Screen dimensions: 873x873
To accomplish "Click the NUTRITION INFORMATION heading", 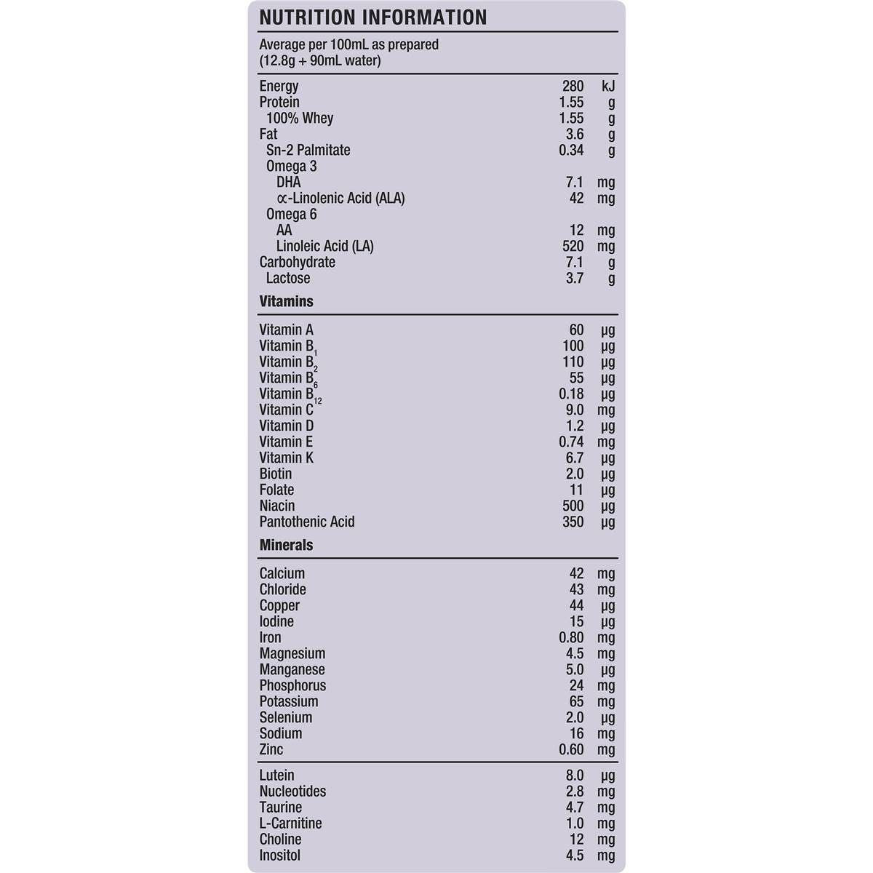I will point(372,17).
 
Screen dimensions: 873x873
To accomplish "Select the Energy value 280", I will point(573,87).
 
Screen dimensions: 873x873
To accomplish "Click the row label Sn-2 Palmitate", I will point(308,151).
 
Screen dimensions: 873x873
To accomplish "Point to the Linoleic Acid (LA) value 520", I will point(573,247).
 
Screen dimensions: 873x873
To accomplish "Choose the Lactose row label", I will point(288,279).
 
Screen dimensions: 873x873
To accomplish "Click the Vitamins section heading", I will point(286,301).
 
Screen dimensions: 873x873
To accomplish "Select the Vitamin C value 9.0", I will point(574,410).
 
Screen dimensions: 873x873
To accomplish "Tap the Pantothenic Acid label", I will point(307,522).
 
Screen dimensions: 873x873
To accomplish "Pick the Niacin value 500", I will point(573,506).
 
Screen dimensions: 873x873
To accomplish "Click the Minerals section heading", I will point(286,545).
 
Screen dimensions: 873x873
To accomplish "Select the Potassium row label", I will point(289,702).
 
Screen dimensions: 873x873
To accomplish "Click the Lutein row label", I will point(276,776).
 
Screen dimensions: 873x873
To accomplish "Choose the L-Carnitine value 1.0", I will point(574,824).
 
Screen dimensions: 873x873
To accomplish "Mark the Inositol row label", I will point(279,856).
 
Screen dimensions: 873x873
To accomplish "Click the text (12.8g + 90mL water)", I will point(320,60).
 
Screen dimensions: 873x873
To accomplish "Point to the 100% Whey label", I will point(300,119).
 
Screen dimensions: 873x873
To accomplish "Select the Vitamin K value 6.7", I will point(574,458).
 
